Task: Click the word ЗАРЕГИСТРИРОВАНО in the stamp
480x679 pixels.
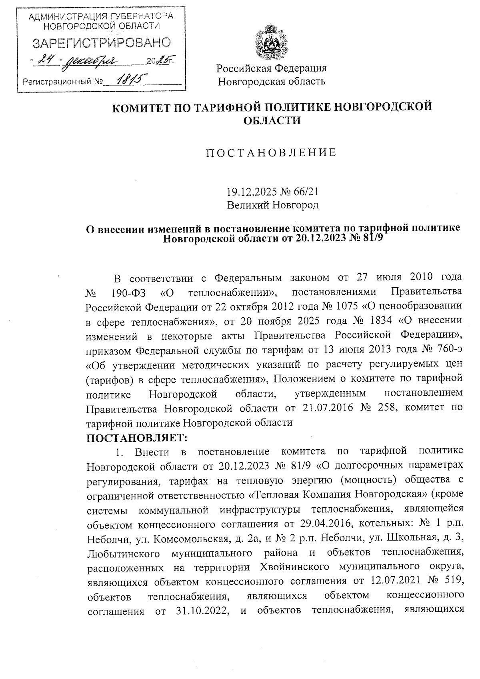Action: point(102,42)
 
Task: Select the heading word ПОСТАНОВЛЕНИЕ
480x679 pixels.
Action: point(271,152)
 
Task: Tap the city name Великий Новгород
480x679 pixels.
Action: point(273,205)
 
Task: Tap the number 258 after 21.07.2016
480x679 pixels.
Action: point(387,408)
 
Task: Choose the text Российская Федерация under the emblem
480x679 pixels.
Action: point(272,68)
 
